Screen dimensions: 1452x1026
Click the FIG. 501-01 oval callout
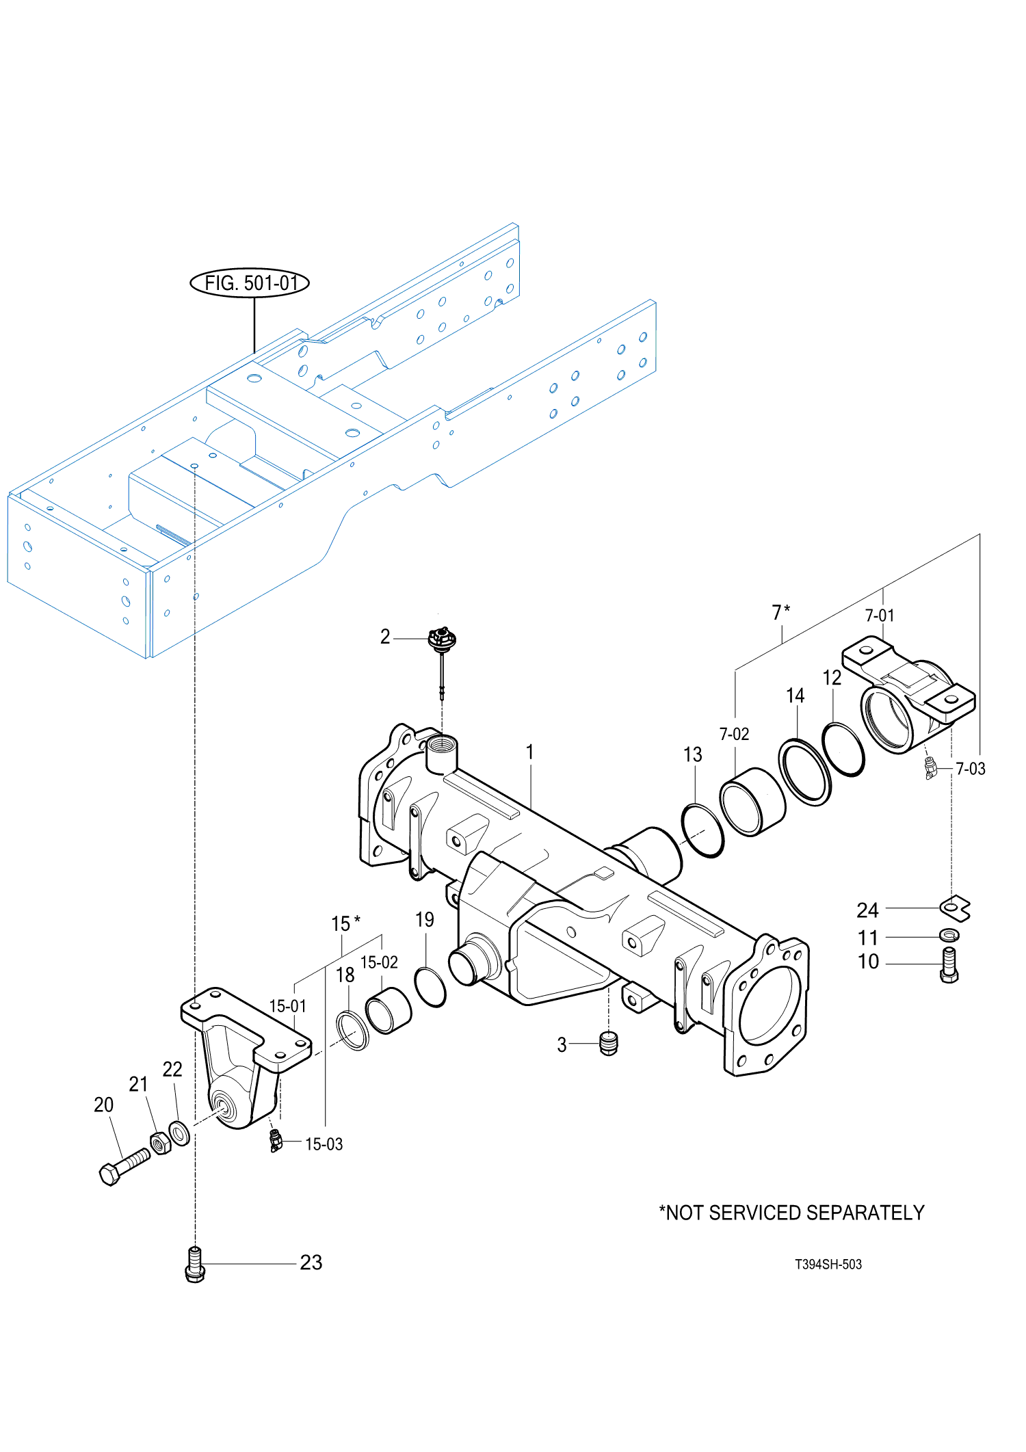click(249, 282)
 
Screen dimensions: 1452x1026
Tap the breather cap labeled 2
click(441, 640)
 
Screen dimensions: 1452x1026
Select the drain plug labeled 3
click(608, 1044)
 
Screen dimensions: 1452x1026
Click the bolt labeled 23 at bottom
click(195, 1265)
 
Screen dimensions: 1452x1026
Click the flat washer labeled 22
click(179, 1133)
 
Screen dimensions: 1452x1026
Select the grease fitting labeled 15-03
click(275, 1141)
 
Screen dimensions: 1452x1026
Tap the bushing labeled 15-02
click(388, 1011)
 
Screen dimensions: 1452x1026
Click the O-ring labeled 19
click(430, 988)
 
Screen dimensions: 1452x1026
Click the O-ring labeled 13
click(702, 831)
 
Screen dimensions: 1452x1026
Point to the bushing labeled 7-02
click(752, 802)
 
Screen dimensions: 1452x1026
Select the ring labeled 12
click(843, 749)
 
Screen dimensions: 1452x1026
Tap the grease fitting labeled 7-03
click(930, 769)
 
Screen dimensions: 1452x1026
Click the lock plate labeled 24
click(955, 908)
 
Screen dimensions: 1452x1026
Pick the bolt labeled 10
click(949, 964)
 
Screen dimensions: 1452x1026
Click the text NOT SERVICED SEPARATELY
click(791, 1213)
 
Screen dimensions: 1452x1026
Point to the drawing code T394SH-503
click(828, 1265)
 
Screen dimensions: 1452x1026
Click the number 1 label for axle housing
click(529, 752)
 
